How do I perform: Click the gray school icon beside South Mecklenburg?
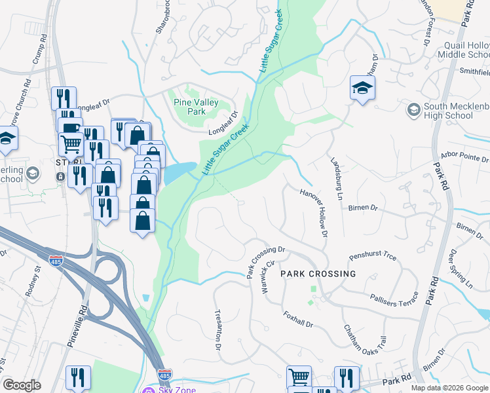coord(413,108)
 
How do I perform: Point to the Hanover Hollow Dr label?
coord(312,212)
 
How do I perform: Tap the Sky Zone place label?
coord(178,390)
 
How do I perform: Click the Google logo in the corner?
coord(22,384)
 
